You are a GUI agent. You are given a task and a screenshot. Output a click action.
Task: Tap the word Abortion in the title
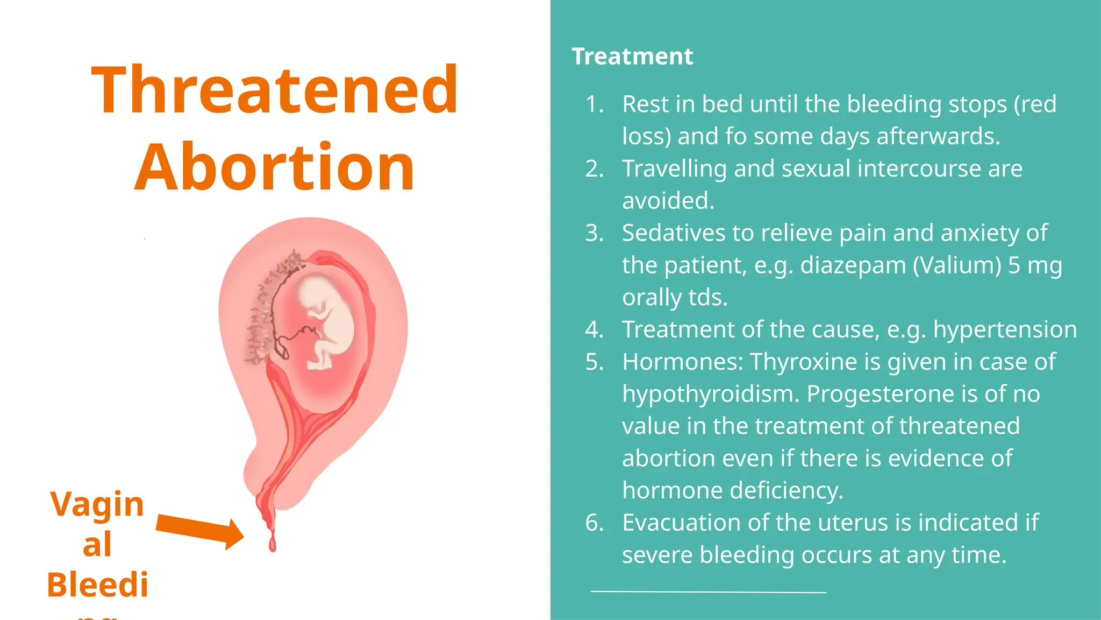[x=275, y=167]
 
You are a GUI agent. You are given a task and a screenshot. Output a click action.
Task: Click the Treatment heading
[x=632, y=57]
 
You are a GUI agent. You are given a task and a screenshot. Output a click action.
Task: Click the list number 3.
[x=594, y=233]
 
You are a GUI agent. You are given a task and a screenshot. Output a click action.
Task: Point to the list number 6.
[x=594, y=523]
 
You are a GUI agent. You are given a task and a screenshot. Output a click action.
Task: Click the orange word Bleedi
[x=97, y=585]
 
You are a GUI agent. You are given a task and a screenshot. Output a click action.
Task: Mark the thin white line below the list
[x=708, y=592]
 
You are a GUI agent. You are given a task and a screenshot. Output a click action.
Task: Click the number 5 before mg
[x=1014, y=265]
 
